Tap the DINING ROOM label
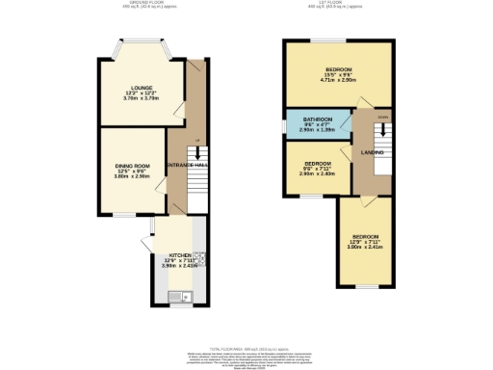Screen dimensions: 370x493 pos(133,166)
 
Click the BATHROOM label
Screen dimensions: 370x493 pos(318,119)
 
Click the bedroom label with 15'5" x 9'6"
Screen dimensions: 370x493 pos(338,69)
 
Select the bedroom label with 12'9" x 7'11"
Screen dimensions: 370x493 pos(365,236)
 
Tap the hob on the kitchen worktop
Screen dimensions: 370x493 pos(199,257)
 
